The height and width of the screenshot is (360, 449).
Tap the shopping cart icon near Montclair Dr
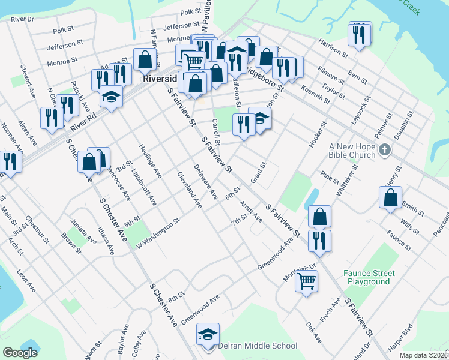[x=306, y=280]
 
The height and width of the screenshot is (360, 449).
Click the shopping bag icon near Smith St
[x=390, y=197]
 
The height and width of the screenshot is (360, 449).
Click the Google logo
[x=20, y=353]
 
